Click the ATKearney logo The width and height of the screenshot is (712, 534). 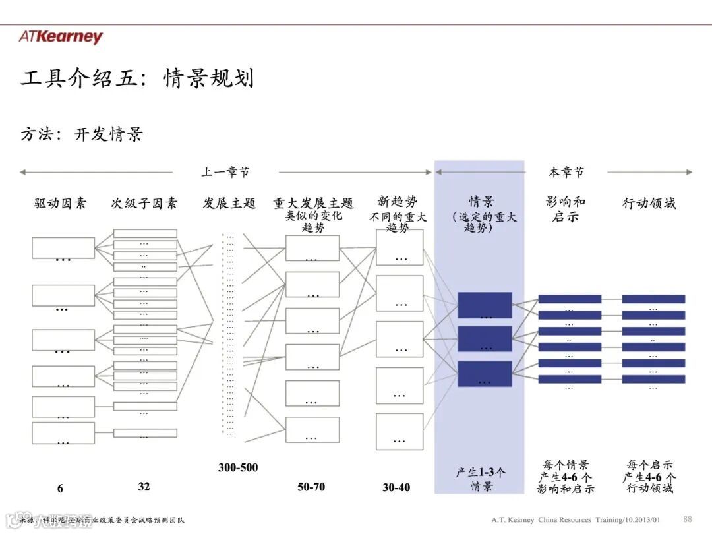(61, 37)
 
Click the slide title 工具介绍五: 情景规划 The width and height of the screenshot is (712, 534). (137, 78)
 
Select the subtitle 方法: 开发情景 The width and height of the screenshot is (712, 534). (82, 134)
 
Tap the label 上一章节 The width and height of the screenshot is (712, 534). (225, 172)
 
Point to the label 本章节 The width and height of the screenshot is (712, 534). (566, 172)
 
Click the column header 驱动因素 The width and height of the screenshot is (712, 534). (60, 203)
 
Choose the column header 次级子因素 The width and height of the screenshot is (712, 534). (144, 203)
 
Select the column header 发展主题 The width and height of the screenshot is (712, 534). (229, 203)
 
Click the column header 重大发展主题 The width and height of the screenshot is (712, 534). (313, 203)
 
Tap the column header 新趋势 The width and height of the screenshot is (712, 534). (398, 202)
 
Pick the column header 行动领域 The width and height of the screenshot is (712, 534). (649, 203)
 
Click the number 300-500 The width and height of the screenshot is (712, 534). (238, 467)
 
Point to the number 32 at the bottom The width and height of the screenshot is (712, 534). (144, 487)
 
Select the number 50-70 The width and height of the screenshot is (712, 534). (311, 487)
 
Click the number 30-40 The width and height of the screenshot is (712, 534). (396, 487)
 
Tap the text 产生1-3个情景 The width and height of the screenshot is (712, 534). (481, 479)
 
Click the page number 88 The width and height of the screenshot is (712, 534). (688, 519)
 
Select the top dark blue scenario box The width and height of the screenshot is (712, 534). (485, 305)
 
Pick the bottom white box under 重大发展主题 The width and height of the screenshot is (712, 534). (312, 429)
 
